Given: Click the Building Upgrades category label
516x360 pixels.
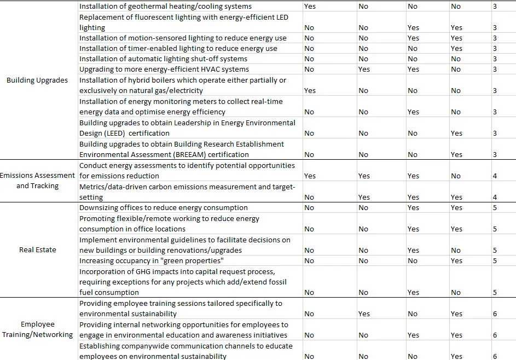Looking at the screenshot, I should pyautogui.click(x=37, y=80).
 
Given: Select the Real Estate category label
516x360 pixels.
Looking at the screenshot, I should pyautogui.click(x=37, y=250).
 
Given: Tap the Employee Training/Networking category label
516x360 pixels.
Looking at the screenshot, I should pyautogui.click(x=37, y=329).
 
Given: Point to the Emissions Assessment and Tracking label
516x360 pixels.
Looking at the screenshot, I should pyautogui.click(x=37, y=181).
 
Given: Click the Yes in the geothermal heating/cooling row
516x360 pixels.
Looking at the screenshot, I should pyautogui.click(x=310, y=7).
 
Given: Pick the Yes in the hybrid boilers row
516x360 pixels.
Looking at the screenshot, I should pyautogui.click(x=310, y=91).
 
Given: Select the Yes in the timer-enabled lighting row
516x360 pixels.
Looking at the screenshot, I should pyautogui.click(x=456, y=49).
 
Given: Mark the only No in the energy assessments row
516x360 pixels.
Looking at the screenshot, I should pyautogui.click(x=456, y=176).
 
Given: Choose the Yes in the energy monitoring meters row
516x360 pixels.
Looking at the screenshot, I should pyautogui.click(x=413, y=112).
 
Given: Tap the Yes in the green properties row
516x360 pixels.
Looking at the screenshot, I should pyautogui.click(x=456, y=261).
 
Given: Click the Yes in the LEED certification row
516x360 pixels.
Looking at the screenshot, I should pyautogui.click(x=456, y=133).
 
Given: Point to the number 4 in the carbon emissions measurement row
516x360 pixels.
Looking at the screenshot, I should pyautogui.click(x=495, y=198).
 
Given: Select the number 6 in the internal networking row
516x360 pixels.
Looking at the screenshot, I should pyautogui.click(x=495, y=335).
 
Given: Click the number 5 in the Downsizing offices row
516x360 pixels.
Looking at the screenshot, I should pyautogui.click(x=495, y=208).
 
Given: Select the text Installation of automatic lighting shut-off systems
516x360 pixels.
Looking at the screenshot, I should pyautogui.click(x=163, y=59).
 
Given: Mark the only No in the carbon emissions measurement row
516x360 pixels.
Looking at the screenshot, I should pyautogui.click(x=309, y=198).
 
